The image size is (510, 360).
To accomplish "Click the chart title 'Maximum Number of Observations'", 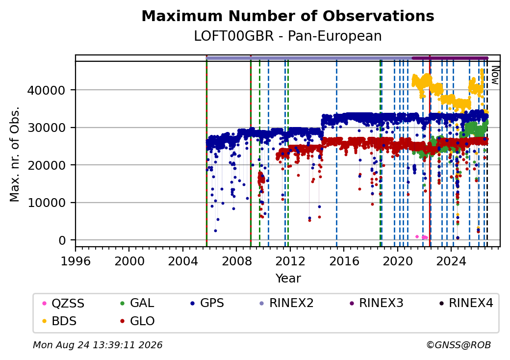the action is [x=288, y=16].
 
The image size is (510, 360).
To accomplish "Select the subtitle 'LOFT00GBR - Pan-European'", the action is [x=288, y=36].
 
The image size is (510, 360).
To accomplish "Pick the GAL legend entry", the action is [x=137, y=303].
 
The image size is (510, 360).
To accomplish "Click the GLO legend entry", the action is [x=137, y=321].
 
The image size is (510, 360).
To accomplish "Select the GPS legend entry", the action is [x=207, y=303].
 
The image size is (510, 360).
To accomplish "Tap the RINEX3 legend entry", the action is [x=376, y=303].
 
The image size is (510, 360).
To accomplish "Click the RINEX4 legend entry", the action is [x=466, y=303].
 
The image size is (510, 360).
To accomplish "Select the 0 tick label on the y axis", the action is [x=62, y=240].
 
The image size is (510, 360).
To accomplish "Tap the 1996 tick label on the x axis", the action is [x=76, y=261].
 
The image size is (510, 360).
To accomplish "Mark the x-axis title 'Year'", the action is [x=288, y=279].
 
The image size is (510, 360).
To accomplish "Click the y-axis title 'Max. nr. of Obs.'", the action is [x=15, y=154].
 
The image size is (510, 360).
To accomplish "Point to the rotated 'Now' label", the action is [x=495, y=75].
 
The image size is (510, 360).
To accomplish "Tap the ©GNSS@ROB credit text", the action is [x=459, y=345].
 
